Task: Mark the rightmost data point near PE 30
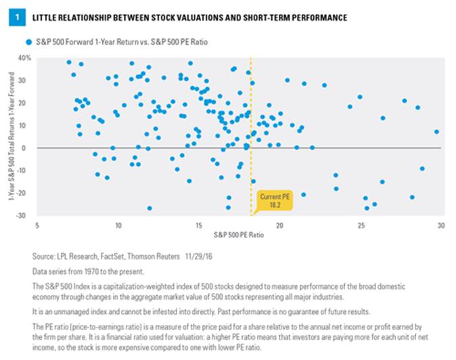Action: coord(436,132)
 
